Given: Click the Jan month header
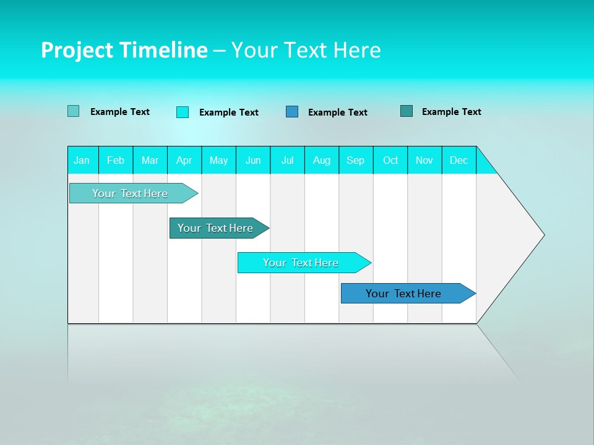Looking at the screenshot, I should point(82,160).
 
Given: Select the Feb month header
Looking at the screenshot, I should point(116,160).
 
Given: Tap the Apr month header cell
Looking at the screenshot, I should point(184,160).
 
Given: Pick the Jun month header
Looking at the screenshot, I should point(253,160).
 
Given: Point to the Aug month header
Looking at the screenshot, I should point(321,160).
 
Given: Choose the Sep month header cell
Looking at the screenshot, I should point(355,160).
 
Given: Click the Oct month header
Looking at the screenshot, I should point(390,160).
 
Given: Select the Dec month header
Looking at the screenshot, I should point(458,160).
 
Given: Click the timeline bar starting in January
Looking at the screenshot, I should point(130,193).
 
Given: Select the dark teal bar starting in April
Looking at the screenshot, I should point(215,228).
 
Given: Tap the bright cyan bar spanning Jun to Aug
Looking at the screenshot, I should point(301,263).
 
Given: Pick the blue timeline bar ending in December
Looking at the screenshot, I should point(403,294).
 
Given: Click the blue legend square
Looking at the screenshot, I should point(292,112).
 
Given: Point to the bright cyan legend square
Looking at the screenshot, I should point(183,112).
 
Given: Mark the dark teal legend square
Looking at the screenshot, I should point(407,111).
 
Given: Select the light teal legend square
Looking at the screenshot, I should point(74,111).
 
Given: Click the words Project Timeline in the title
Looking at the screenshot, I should point(124,50).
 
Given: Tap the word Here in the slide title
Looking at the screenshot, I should point(357,50).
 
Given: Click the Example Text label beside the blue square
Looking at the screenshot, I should point(337,112).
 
